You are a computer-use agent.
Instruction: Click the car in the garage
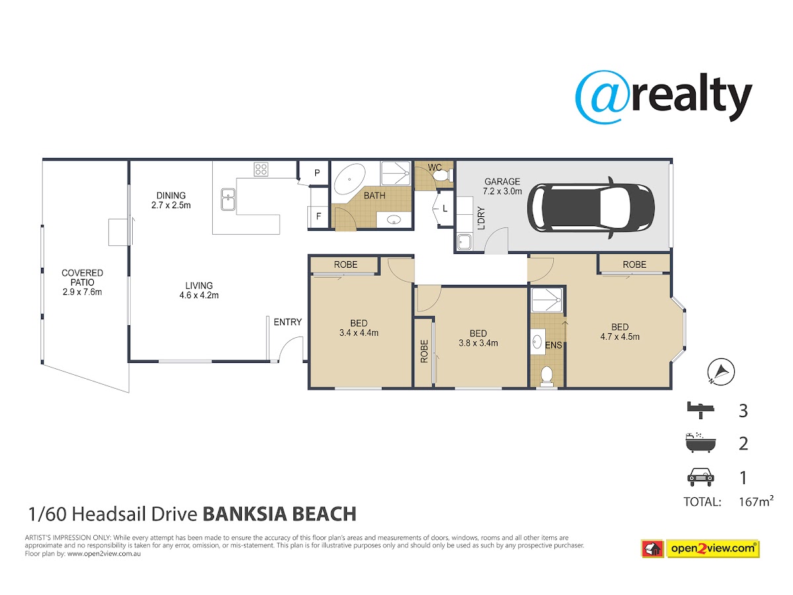point(591,208)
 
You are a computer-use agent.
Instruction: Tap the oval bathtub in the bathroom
point(350,179)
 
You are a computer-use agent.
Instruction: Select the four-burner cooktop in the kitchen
point(261,169)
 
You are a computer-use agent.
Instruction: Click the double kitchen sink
point(229,200)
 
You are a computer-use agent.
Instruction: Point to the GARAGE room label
point(502,182)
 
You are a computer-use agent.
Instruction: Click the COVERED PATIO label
point(83,278)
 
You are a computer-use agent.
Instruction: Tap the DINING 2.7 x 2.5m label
point(171,200)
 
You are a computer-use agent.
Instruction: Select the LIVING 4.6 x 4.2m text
point(199,290)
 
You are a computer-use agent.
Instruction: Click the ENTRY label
point(287,322)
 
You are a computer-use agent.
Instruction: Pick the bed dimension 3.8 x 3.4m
point(478,343)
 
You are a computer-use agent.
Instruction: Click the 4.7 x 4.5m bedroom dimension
point(620,337)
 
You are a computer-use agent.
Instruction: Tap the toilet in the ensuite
point(547,376)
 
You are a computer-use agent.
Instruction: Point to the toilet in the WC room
point(442,176)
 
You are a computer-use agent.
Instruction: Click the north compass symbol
point(721,372)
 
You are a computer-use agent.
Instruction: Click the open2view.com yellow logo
point(713,549)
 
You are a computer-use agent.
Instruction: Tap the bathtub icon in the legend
point(700,442)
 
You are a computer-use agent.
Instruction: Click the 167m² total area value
point(756,501)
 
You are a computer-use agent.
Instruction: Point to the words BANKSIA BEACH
point(280,514)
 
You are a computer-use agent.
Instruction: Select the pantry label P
point(317,173)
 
